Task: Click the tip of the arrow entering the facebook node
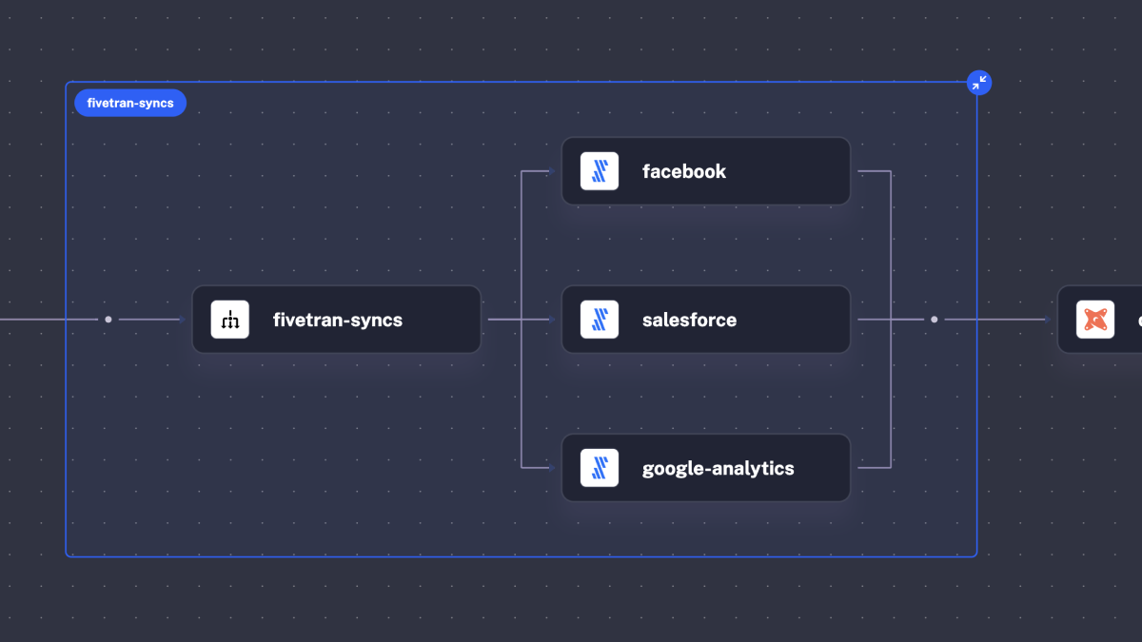point(555,171)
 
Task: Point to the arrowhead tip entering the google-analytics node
point(555,468)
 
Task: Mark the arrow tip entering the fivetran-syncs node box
point(186,320)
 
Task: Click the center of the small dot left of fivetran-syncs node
point(108,320)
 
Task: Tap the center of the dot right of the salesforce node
point(934,320)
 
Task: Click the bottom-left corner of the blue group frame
point(67,556)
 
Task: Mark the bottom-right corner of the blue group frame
point(976,556)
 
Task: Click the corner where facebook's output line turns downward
point(891,171)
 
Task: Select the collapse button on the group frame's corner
point(979,83)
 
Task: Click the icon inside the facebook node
point(600,171)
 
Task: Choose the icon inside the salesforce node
point(600,320)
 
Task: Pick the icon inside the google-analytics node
point(600,468)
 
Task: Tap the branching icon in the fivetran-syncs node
point(230,320)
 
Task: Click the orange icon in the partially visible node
point(1095,320)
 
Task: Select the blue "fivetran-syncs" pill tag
point(130,103)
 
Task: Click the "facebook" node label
point(683,172)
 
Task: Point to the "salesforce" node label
point(689,320)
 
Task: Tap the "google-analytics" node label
point(718,469)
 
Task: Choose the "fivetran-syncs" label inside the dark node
point(338,321)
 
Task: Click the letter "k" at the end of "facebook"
point(720,171)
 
